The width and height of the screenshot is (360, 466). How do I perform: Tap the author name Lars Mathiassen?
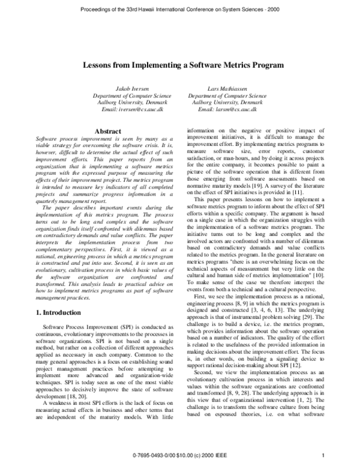point(227,89)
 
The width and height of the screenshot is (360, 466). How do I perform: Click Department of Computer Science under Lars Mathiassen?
point(227,95)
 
